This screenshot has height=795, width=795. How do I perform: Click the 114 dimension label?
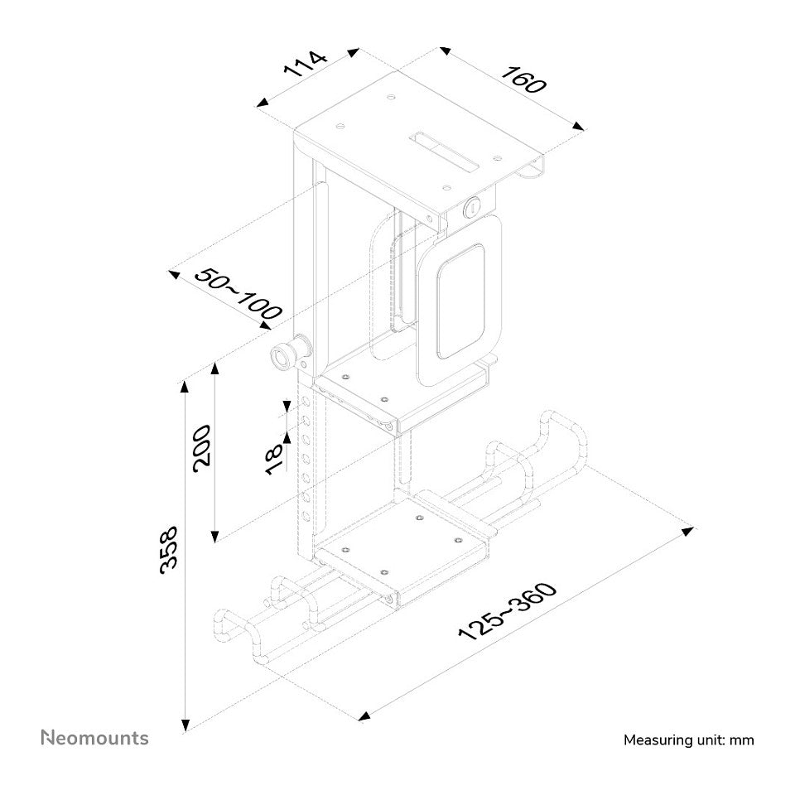305,63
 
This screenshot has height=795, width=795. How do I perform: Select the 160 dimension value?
524,79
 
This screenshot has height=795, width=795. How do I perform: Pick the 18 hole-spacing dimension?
274,460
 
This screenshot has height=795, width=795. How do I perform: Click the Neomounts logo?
94,738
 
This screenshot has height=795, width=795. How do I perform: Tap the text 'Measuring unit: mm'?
688,740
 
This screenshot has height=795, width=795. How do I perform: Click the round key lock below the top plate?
472,207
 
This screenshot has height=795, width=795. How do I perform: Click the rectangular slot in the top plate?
444,152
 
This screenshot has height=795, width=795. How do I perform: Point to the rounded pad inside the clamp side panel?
460,301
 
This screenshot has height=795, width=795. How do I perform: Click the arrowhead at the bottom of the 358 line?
185,725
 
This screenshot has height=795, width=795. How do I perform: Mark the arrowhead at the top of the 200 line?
215,368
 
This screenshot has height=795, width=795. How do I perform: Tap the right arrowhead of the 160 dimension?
578,126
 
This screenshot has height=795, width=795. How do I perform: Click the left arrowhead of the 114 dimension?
263,103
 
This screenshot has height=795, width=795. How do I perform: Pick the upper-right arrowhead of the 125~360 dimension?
687,531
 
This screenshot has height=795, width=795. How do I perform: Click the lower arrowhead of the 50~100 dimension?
265,325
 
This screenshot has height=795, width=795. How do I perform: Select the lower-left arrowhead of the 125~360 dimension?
364,715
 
